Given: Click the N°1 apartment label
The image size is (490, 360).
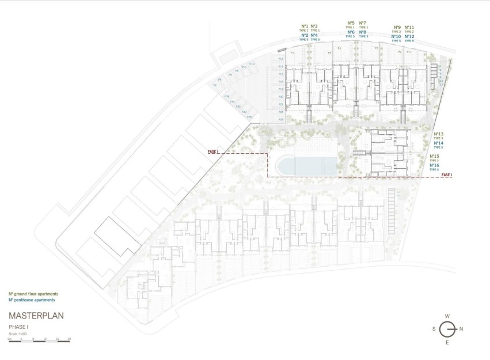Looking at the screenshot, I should pos(305,26).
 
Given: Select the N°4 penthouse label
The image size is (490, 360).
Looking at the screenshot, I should pos(314,35).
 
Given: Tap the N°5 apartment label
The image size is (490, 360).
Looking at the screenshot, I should pos(351,23).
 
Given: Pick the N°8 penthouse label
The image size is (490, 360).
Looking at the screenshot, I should pos(363,32).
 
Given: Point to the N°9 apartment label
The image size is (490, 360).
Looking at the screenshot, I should pos(397,27).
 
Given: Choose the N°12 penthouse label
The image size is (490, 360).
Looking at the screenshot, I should pos(409,36).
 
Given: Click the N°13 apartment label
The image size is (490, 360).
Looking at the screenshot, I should pos(438,134).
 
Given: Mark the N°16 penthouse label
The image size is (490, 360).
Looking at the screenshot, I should pos(434,165).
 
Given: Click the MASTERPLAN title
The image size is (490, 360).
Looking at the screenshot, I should pos(36,316).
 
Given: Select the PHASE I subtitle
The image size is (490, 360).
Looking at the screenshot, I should pos(18,327).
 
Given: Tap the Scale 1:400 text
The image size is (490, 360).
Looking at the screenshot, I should pos(18,334).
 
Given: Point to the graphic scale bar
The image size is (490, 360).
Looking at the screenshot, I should pos(39,341).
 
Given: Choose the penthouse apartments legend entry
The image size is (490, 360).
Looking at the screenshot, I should pos(32,300).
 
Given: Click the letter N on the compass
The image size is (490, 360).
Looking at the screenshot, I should pos(462,329).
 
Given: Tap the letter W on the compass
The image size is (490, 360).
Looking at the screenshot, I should pos(447,316).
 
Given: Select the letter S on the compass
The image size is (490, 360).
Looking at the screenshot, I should pos(433,329).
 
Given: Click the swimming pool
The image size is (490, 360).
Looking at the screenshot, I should pos(305,166).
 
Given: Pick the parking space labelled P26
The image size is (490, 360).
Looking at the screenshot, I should pos(280,119).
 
